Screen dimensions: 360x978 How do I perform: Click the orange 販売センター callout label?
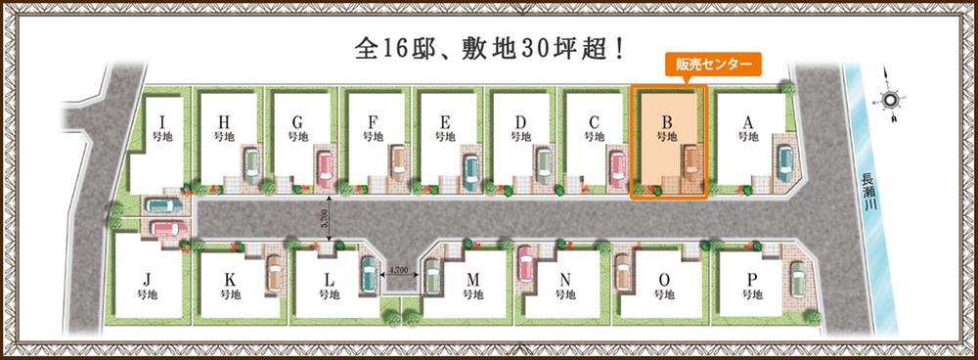[x=708, y=66]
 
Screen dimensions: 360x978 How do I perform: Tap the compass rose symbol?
[x=891, y=100]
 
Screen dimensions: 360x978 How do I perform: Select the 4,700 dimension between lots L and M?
[x=401, y=269]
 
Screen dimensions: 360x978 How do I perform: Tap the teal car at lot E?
[x=470, y=166]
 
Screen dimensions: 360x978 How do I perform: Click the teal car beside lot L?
[x=368, y=274]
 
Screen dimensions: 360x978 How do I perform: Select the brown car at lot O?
[x=623, y=273]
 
